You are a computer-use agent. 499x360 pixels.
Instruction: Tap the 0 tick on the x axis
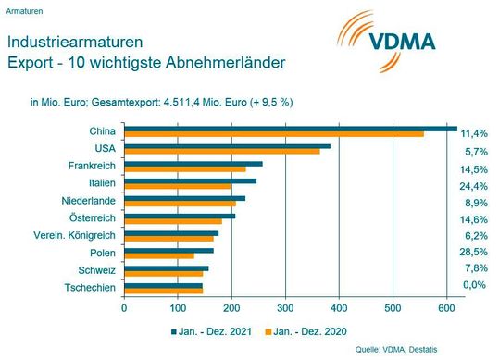tap(124, 307)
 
